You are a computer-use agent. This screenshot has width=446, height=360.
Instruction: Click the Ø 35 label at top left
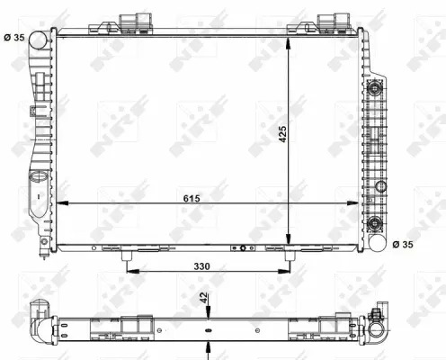pos(16,37)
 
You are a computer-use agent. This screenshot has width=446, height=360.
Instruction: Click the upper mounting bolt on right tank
pos(376,88)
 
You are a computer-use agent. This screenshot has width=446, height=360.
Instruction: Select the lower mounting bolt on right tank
pos(379,186)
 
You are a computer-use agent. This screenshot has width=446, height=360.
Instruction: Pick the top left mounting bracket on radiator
pos(128,23)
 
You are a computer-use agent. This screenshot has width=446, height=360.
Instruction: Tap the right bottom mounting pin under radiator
pos(288,258)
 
